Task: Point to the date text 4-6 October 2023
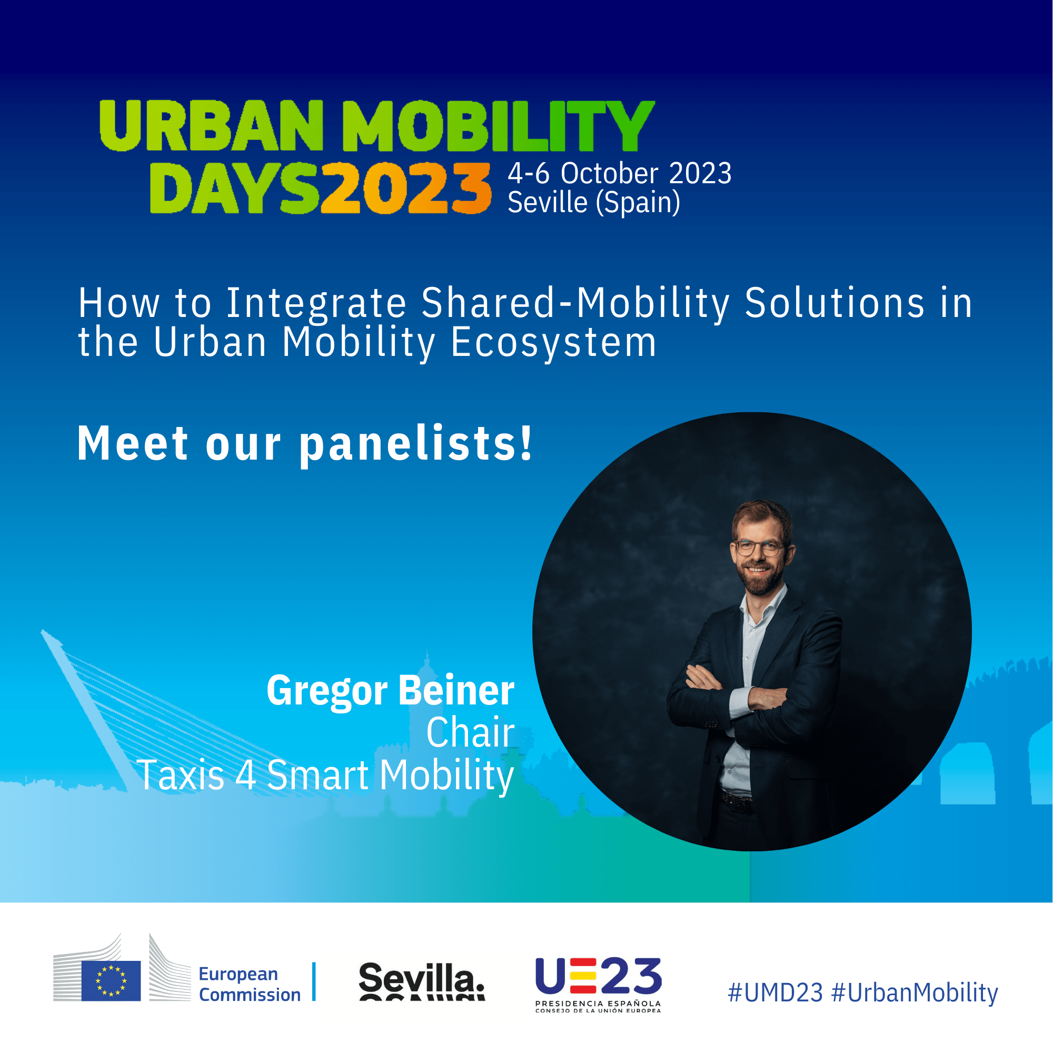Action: pyautogui.click(x=620, y=173)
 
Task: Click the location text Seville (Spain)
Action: pyautogui.click(x=594, y=203)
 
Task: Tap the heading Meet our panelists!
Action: pyautogui.click(x=304, y=444)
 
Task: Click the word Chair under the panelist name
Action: pyautogui.click(x=470, y=732)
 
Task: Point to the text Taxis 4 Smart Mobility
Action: pyautogui.click(x=325, y=774)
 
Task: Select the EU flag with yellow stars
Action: pyautogui.click(x=111, y=981)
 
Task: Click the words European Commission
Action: pyautogui.click(x=250, y=985)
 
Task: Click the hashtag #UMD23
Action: pyautogui.click(x=776, y=993)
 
